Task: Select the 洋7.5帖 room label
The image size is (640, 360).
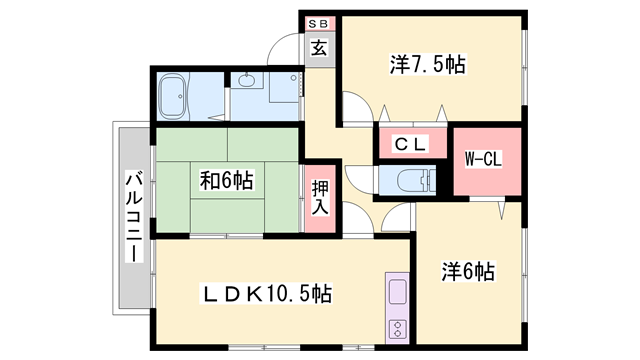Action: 428,65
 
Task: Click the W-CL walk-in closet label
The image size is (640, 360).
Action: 484,159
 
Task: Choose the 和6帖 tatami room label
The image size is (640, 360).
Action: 226,180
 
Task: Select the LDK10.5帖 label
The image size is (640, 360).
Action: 268,294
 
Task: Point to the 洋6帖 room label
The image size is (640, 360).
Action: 469,271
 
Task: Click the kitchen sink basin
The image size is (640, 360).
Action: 395,295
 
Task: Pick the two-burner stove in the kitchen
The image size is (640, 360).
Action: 395,328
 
